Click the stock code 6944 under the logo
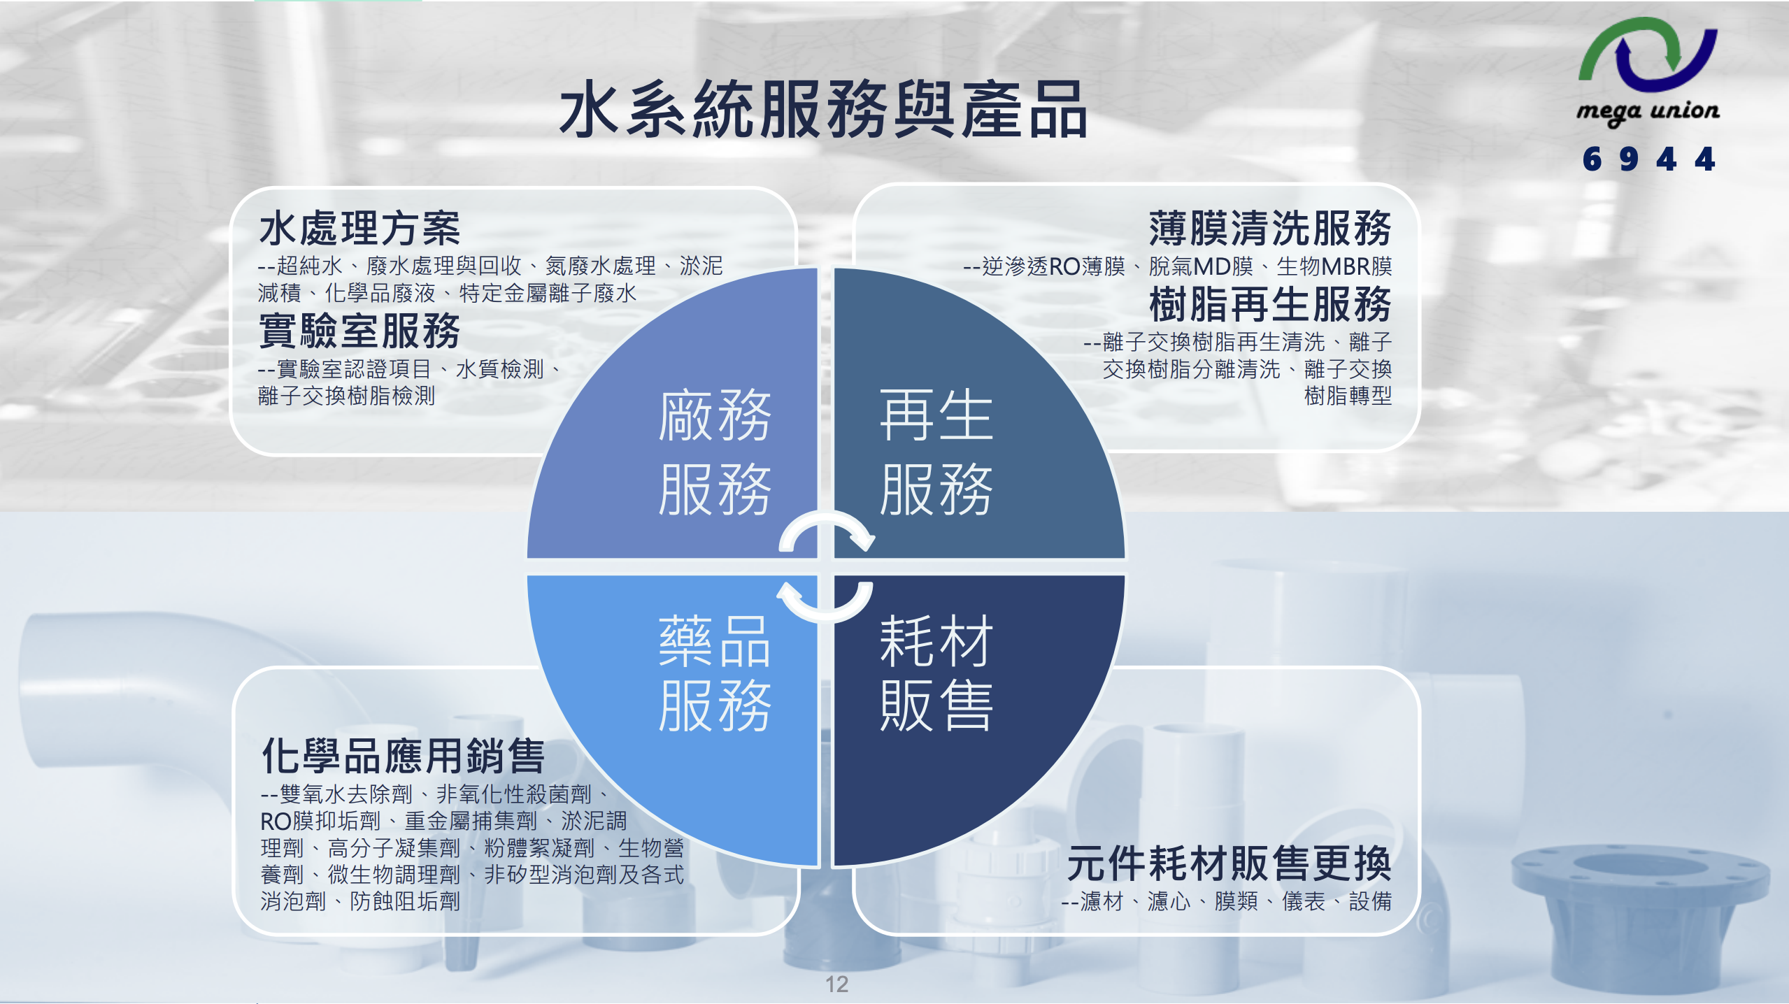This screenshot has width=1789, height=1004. pyautogui.click(x=1648, y=159)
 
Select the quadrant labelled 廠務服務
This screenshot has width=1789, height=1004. pyautogui.click(x=699, y=433)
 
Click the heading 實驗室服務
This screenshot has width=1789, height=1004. pyautogui.click(x=359, y=331)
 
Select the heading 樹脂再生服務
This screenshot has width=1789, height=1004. pyautogui.click(x=1269, y=304)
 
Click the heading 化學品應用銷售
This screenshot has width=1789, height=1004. pyautogui.click(x=403, y=756)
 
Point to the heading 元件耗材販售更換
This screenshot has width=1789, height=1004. pyautogui.click(x=1229, y=863)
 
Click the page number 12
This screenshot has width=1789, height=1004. pyautogui.click(x=836, y=984)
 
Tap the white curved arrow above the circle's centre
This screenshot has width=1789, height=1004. pyautogui.click(x=827, y=533)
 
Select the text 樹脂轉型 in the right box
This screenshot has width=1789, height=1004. pyautogui.click(x=1348, y=396)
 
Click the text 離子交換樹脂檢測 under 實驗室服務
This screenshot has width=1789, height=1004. pyautogui.click(x=346, y=396)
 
